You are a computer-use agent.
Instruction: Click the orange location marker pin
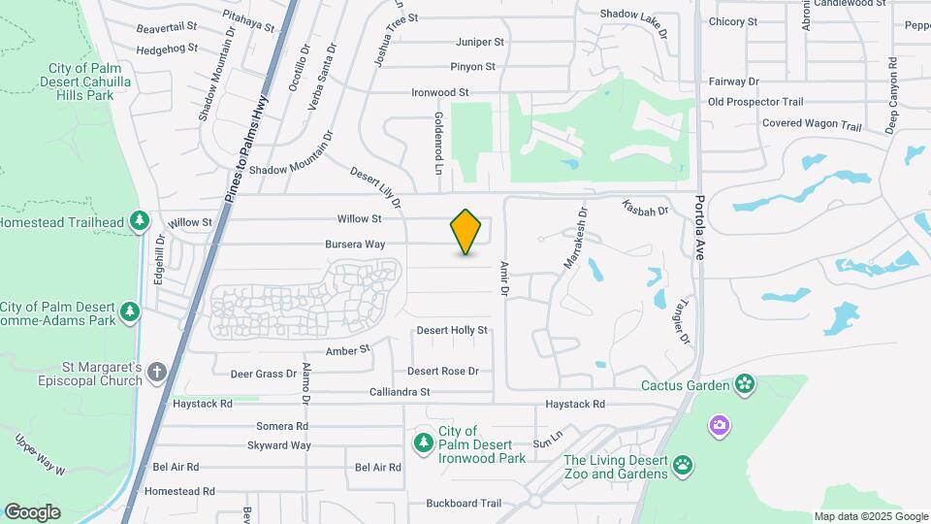[x=466, y=231]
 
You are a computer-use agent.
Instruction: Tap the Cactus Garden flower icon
[x=744, y=385]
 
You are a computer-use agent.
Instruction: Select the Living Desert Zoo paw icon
[x=684, y=464]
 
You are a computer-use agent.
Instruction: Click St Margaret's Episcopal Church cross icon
[x=157, y=372]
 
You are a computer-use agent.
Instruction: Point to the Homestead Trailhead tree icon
[x=140, y=222]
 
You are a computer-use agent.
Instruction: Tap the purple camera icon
[x=719, y=424]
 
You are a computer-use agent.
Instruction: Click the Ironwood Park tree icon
[x=424, y=442]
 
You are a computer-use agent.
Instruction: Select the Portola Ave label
[x=700, y=228]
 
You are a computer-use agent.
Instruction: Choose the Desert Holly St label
[x=451, y=331]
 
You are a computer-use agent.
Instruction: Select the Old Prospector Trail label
[x=755, y=102]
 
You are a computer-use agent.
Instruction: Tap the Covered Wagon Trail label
[x=811, y=125]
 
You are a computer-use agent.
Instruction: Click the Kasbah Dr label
[x=646, y=209]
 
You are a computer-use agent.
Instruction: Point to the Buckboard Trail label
[x=464, y=504]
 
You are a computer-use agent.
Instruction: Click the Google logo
[x=32, y=511]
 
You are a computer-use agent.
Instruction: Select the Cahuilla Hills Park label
[x=85, y=82]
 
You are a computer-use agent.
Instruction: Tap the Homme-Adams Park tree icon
[x=130, y=312]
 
